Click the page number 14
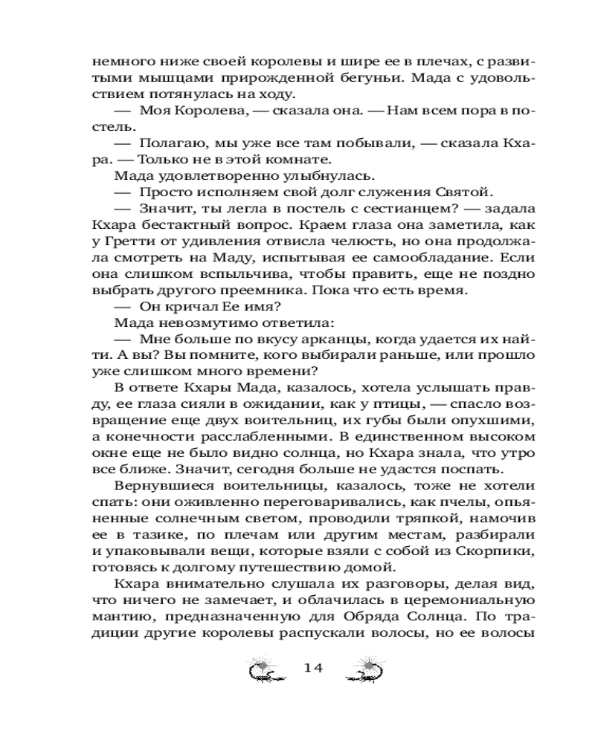[x=312, y=668]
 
